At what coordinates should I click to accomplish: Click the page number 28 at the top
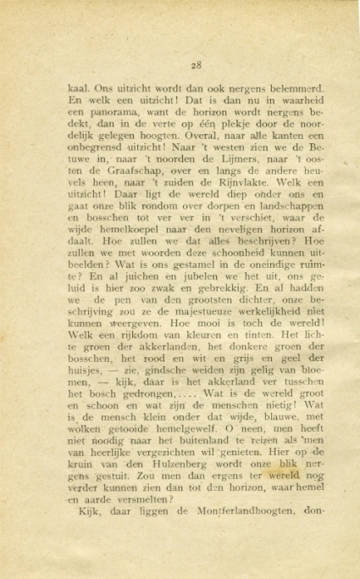point(195,64)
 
